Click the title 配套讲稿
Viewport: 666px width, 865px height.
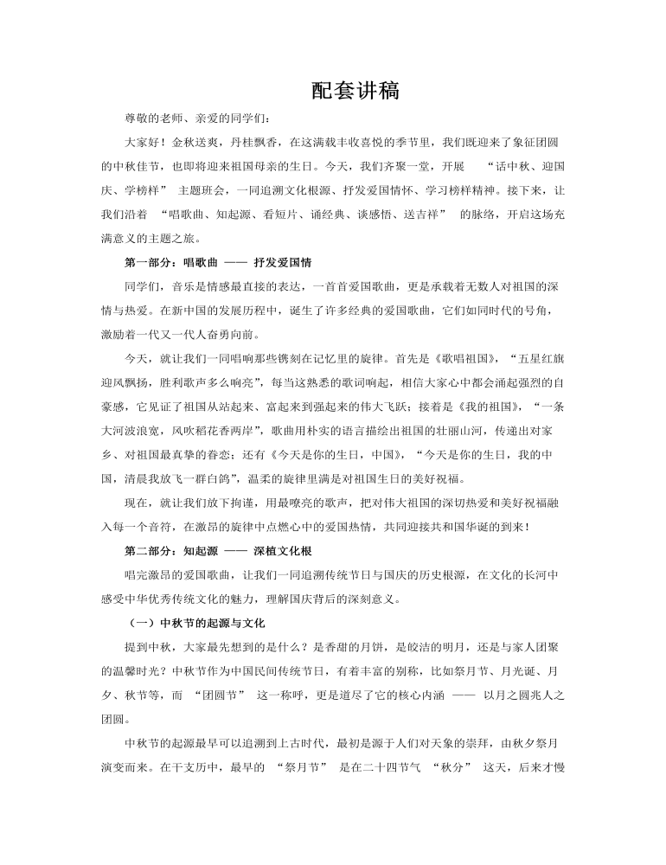[355, 91]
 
